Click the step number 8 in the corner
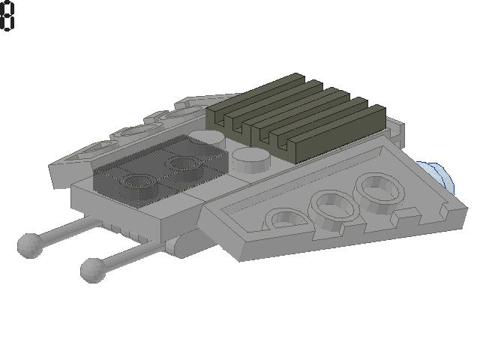point(7,16)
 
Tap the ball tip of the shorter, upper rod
point(30,245)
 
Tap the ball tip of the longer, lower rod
point(93,270)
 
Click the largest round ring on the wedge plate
point(379,193)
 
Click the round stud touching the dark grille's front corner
point(251,160)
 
